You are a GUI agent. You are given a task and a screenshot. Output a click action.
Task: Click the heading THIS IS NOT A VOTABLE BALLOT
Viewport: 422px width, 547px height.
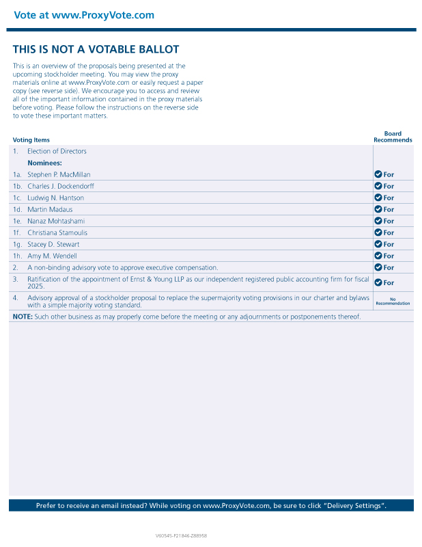pyautogui.click(x=96, y=49)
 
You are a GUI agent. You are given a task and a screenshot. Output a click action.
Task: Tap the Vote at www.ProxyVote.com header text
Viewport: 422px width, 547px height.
pyautogui.click(x=84, y=15)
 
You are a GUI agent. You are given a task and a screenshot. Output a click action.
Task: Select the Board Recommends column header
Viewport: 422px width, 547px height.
pyautogui.click(x=393, y=137)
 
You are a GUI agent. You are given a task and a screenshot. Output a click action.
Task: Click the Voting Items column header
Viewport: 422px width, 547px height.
pyautogui.click(x=31, y=140)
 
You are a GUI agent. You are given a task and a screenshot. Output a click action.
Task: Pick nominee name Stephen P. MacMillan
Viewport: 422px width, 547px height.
pyautogui.click(x=59, y=174)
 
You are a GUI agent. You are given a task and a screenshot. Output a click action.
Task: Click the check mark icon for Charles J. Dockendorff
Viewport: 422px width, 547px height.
pyautogui.click(x=378, y=186)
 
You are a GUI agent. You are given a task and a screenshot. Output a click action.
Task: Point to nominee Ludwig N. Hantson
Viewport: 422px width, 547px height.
pyautogui.click(x=56, y=198)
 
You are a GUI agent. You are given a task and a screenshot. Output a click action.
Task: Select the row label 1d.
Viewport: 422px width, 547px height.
pyautogui.click(x=17, y=209)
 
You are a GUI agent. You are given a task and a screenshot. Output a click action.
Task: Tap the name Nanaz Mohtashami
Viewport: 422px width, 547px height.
pyautogui.click(x=57, y=221)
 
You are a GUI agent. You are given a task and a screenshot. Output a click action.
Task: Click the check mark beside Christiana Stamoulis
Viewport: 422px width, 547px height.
pyautogui.click(x=378, y=232)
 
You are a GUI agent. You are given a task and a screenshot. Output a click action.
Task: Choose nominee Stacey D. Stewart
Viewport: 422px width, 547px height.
pyautogui.click(x=53, y=244)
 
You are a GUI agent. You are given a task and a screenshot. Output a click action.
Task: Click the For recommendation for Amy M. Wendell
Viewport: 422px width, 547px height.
pyautogui.click(x=389, y=256)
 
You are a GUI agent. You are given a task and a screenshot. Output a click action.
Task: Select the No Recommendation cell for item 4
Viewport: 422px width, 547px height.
pyautogui.click(x=393, y=301)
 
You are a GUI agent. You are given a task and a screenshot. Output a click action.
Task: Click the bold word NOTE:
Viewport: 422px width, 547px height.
pyautogui.click(x=23, y=317)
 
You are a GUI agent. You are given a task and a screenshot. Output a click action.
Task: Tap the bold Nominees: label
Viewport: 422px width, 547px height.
pyautogui.click(x=44, y=163)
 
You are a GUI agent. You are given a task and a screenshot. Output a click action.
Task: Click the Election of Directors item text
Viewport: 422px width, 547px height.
pyautogui.click(x=57, y=151)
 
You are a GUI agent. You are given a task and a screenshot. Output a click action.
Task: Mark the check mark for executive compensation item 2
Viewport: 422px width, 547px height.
pyautogui.click(x=378, y=267)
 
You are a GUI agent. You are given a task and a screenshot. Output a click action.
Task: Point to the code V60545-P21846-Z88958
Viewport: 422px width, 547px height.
pyautogui.click(x=181, y=536)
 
